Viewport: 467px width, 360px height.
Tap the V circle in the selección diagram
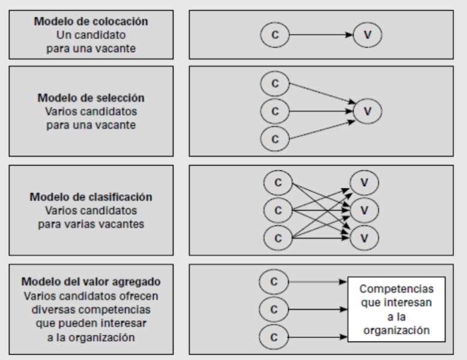click(x=367, y=111)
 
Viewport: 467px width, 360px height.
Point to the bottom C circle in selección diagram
click(x=275, y=139)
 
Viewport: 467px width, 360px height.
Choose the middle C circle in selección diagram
click(x=275, y=112)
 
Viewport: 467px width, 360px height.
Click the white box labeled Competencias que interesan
click(x=396, y=309)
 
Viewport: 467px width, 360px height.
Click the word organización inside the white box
click(x=396, y=330)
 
